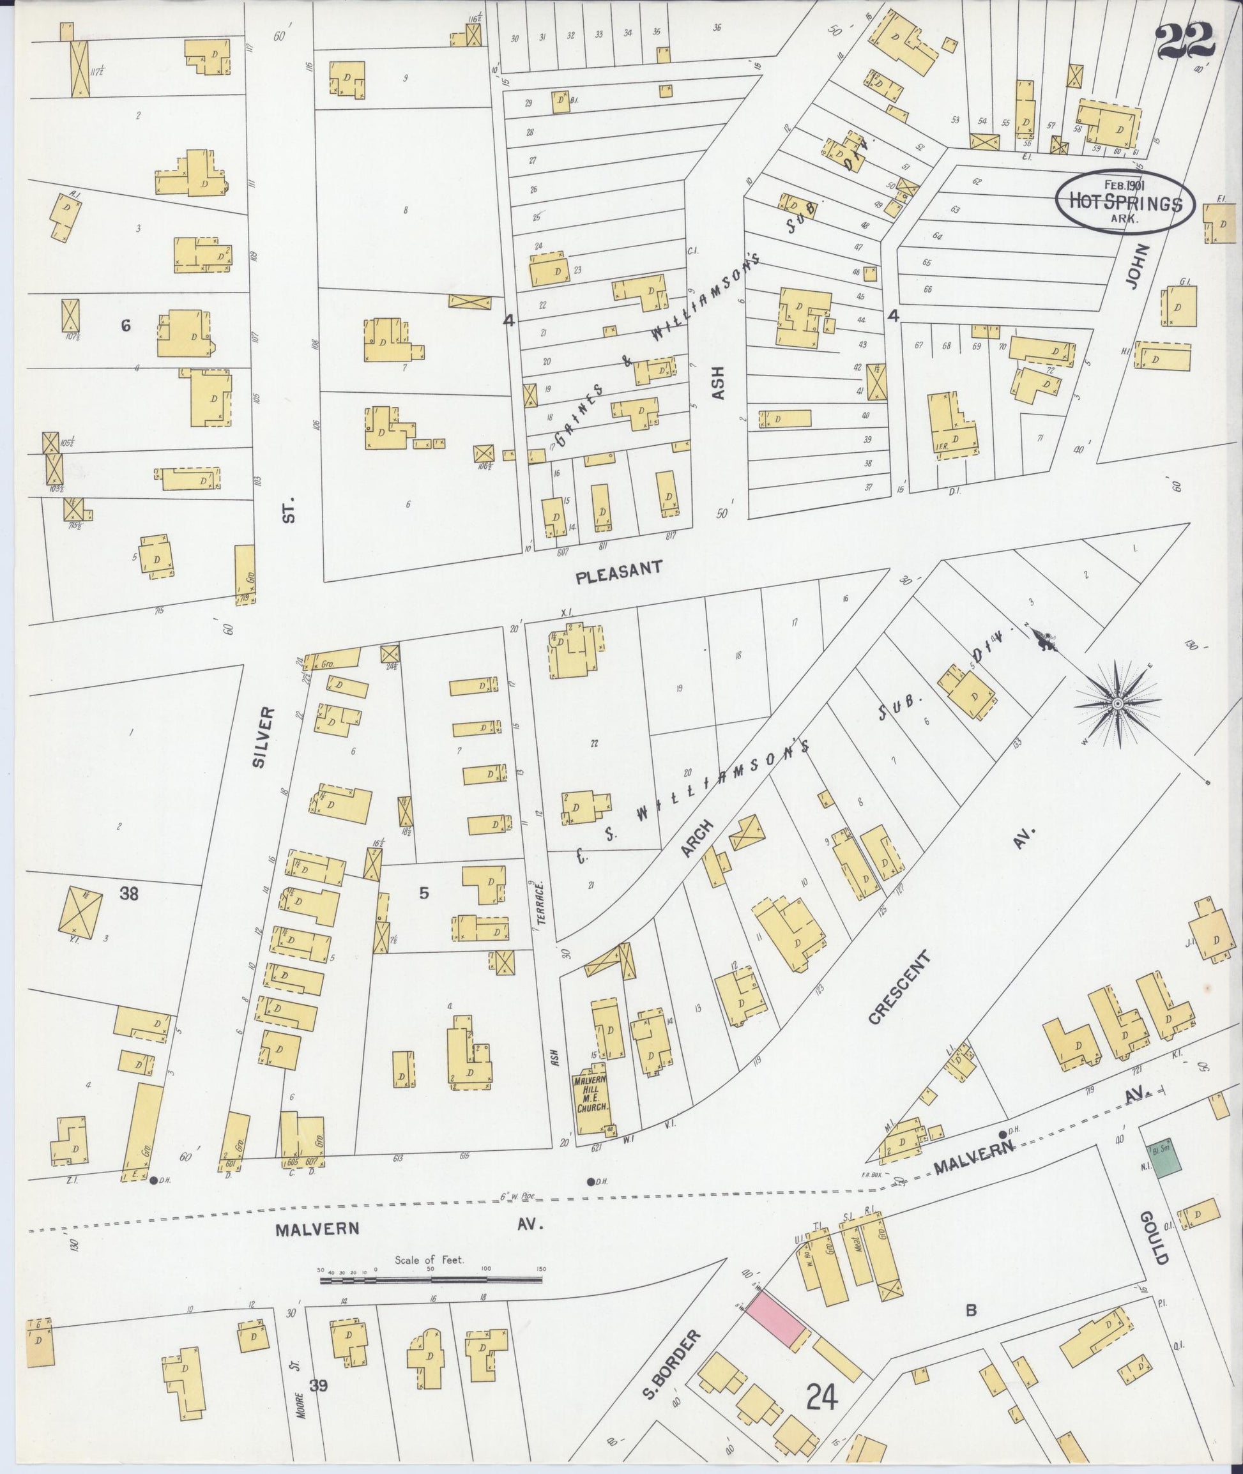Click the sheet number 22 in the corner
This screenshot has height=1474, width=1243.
[1186, 42]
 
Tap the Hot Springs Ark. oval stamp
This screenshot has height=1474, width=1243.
[1125, 201]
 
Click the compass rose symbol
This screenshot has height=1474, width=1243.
[1118, 703]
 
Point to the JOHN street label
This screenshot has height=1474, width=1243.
[1138, 266]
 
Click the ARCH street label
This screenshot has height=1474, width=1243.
[697, 839]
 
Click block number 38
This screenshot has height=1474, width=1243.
[128, 894]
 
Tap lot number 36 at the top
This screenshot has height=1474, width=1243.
[717, 28]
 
